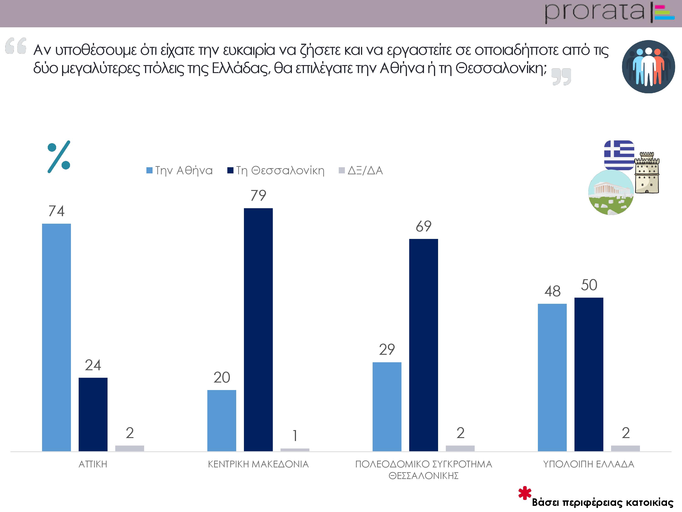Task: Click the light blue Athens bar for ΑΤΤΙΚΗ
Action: point(56,337)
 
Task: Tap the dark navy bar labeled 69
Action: point(423,345)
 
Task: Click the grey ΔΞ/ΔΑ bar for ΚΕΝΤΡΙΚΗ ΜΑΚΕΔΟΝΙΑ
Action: point(295,450)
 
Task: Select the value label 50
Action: point(589,285)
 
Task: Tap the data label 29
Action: point(387,349)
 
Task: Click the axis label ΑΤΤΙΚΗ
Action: point(93,464)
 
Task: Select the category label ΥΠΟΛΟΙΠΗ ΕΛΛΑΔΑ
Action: point(589,464)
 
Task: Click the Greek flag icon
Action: point(619,155)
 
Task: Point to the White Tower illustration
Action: point(647,173)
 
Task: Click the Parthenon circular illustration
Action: point(611,192)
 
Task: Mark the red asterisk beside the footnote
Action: point(525,493)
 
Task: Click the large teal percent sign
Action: point(59,157)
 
